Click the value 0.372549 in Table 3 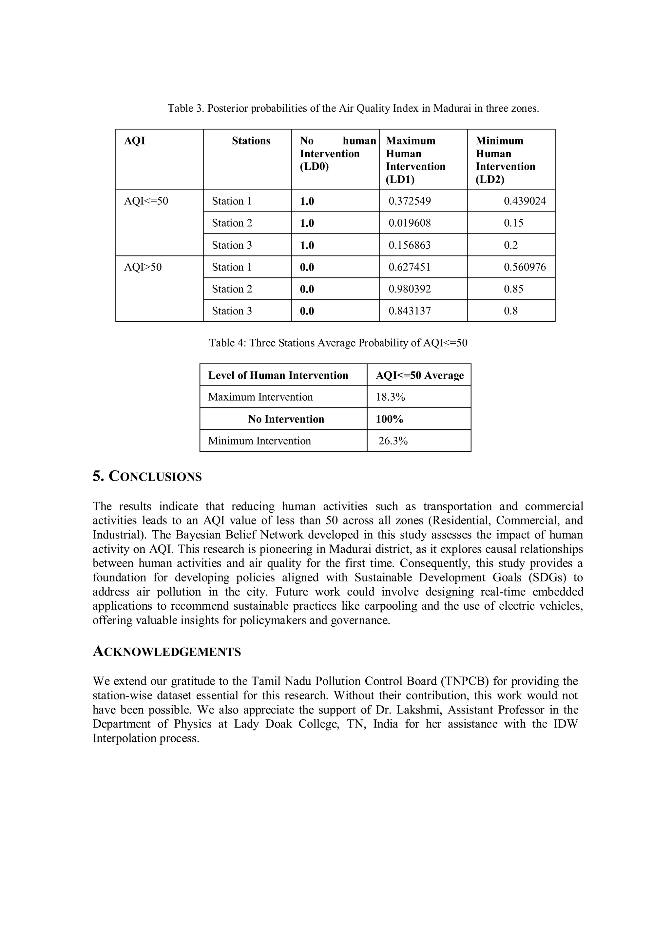click(x=409, y=201)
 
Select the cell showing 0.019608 click(x=409, y=223)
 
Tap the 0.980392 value click(x=409, y=289)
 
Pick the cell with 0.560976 click(x=524, y=267)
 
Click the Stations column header click(x=251, y=141)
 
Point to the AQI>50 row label click(x=143, y=267)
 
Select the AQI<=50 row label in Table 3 click(x=146, y=201)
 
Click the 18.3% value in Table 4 click(x=390, y=397)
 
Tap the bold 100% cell click(x=389, y=419)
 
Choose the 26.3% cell click(x=393, y=441)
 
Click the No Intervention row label click(x=286, y=419)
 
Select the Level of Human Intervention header click(x=278, y=375)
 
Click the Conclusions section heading click(x=147, y=477)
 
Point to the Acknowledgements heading click(x=167, y=652)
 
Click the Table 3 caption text click(x=353, y=108)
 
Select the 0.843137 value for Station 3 click(x=409, y=311)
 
